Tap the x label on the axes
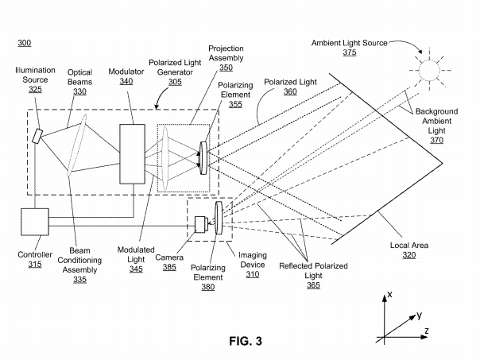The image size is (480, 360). pyautogui.click(x=390, y=295)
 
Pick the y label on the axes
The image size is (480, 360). pyautogui.click(x=419, y=315)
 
